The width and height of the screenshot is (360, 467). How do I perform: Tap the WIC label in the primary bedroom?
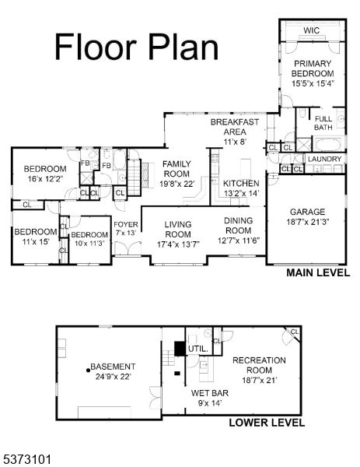pos(311,30)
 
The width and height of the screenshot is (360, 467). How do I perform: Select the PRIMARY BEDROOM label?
pos(313,68)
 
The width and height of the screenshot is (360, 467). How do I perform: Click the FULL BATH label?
pos(323,122)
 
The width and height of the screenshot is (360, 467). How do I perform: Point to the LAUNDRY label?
pos(323,159)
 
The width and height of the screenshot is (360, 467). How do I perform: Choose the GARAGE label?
pos(307,212)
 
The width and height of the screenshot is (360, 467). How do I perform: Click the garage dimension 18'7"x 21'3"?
pos(308,222)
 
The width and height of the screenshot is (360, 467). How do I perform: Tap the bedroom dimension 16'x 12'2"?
pos(45,178)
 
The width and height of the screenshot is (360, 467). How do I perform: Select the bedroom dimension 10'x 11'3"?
pos(89,244)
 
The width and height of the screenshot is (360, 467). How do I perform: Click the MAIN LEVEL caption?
pos(317,273)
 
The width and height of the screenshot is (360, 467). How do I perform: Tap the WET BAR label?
pos(208,393)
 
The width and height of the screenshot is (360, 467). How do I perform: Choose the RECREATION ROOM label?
pos(259,364)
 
